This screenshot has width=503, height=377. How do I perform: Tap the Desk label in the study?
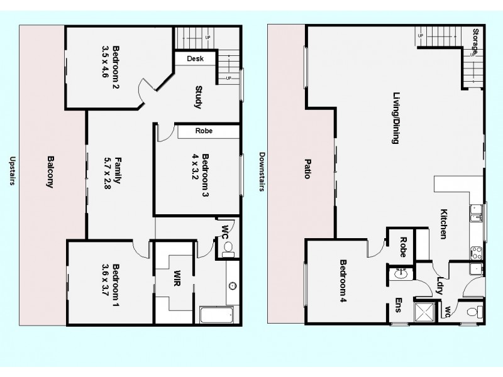pyautogui.click(x=194, y=59)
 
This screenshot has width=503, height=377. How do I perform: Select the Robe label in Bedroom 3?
pyautogui.click(x=203, y=131)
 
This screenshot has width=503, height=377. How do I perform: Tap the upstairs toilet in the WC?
pyautogui.click(x=228, y=249)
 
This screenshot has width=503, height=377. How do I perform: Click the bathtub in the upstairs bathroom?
pyautogui.click(x=219, y=315)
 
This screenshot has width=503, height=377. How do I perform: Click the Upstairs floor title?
pyautogui.click(x=11, y=172)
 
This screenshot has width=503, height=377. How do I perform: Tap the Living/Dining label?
pyautogui.click(x=396, y=119)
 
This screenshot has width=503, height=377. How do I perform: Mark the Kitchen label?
pyautogui.click(x=443, y=224)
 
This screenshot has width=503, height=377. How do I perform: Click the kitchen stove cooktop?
pyautogui.click(x=475, y=251)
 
